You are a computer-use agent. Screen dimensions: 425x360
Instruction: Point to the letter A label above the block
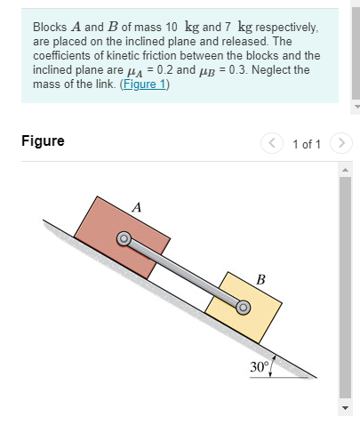tap(136, 206)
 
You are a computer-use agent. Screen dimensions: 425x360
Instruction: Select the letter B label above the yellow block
tap(260, 280)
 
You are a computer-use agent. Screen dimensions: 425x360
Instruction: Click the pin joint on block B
tap(243, 308)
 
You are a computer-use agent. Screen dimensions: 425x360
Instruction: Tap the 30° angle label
tap(259, 366)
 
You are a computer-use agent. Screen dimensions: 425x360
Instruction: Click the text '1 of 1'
tap(307, 143)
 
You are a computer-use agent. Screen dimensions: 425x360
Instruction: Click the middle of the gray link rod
tap(184, 273)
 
